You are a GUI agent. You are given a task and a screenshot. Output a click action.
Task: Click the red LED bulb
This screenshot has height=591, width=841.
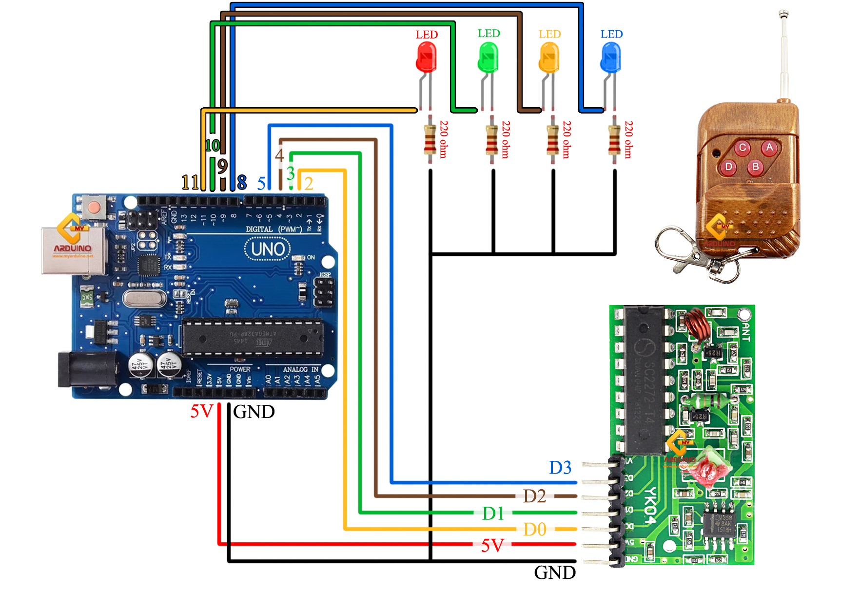(x=426, y=57)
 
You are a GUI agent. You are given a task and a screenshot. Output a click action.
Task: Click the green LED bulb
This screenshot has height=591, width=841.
(x=488, y=57)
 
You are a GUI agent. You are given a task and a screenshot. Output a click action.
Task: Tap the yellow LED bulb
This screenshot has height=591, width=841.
(x=549, y=57)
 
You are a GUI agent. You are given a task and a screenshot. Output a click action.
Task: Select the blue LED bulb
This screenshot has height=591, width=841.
(x=610, y=57)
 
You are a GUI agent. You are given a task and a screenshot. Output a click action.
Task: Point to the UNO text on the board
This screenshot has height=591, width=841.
(x=268, y=249)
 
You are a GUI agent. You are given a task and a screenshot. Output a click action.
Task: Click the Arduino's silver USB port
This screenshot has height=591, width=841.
(x=73, y=250)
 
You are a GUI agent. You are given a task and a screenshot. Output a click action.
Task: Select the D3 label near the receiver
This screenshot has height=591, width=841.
(x=560, y=468)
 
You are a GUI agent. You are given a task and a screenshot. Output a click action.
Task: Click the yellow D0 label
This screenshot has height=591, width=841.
(x=534, y=530)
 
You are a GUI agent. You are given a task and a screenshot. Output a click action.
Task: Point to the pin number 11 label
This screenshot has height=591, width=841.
(x=190, y=183)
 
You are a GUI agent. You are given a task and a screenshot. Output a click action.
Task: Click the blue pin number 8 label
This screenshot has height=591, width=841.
(x=242, y=183)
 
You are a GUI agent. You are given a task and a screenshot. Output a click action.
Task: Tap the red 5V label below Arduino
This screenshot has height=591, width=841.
(x=201, y=412)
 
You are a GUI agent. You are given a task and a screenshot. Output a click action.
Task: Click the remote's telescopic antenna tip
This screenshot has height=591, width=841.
(x=783, y=14)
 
